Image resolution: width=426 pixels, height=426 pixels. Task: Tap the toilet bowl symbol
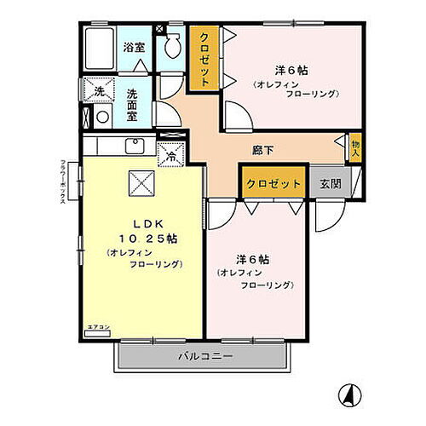pyautogui.click(x=172, y=47)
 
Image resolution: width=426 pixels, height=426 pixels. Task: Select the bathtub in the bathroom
pyautogui.click(x=101, y=50)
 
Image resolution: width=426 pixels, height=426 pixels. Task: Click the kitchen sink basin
pyautogui.click(x=135, y=146)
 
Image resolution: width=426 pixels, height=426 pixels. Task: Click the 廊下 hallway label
pyautogui.click(x=263, y=151)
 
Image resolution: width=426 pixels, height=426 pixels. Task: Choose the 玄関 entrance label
pyautogui.click(x=331, y=184)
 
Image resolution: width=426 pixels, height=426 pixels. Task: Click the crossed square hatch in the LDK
pyautogui.click(x=141, y=181)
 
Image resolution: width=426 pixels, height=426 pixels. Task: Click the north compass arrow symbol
pyautogui.click(x=348, y=394)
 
